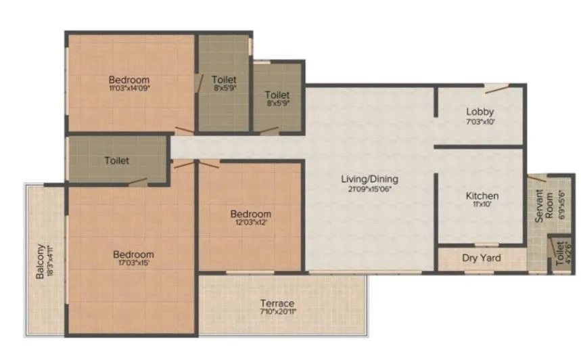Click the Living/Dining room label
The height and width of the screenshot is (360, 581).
[369, 179]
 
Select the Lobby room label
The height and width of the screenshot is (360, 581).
[480, 112]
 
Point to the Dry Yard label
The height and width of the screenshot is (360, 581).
[480, 258]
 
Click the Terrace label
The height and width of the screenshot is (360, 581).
[278, 303]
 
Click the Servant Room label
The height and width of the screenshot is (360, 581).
[540, 208]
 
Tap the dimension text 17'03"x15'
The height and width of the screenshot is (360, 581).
[131, 264]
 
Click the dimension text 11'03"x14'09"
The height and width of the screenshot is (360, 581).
[129, 88]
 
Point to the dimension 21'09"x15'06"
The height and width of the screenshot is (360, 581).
[369, 189]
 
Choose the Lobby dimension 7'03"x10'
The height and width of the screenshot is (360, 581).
[480, 122]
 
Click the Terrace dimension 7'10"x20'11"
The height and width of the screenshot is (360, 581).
[278, 313]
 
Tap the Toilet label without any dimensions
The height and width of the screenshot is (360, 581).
[117, 161]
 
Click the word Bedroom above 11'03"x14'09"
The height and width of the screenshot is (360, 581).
[129, 79]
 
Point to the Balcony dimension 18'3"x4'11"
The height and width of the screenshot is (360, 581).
[51, 261]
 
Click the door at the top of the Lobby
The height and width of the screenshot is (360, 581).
[494, 88]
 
